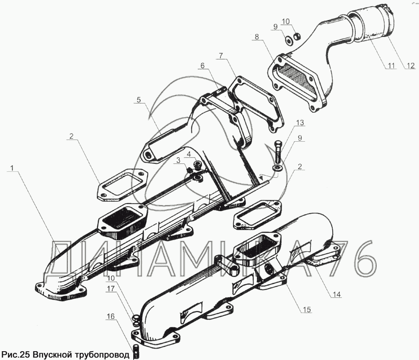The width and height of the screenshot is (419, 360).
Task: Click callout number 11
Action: coord(391,65)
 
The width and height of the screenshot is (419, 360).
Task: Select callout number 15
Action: coord(307,310)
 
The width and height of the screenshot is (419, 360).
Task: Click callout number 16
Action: coord(110,317)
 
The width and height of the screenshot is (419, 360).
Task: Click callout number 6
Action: coord(203,65)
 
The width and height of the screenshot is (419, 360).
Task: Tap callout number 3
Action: coord(178,160)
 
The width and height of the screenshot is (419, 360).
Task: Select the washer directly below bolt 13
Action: coord(277,168)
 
